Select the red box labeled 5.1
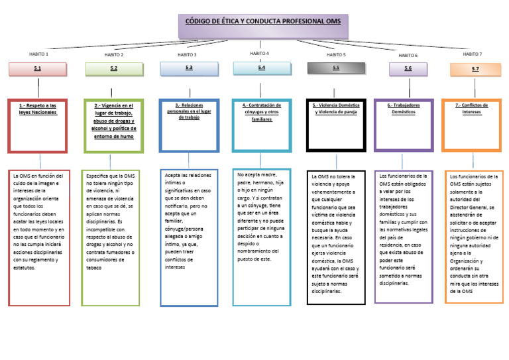click(38, 69)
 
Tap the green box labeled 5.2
click(114, 69)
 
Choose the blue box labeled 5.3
click(189, 68)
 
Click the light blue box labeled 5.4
click(261, 68)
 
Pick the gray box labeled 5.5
click(336, 68)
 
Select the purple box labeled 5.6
click(408, 69)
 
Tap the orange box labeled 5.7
click(475, 70)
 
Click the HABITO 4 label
click(259, 52)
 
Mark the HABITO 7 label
click(473, 54)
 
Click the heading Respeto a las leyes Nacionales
click(38, 109)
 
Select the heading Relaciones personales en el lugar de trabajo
click(189, 111)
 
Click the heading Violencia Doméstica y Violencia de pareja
click(336, 109)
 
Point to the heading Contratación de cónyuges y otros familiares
click(262, 111)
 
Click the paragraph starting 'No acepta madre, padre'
click(261, 217)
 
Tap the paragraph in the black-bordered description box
click(336, 233)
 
